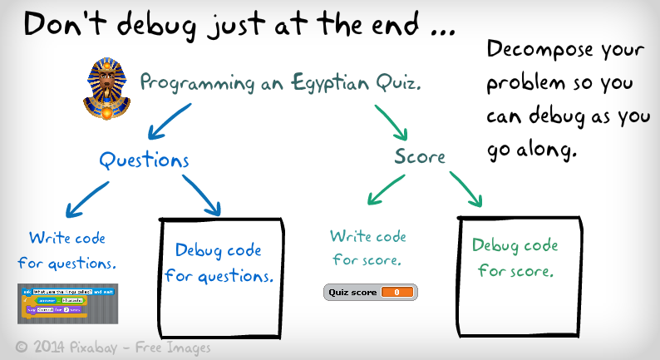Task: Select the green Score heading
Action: [x=420, y=156]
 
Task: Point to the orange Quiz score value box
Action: [x=396, y=292]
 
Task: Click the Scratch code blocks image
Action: [x=68, y=302]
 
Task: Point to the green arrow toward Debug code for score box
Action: [x=465, y=189]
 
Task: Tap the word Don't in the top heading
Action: [x=62, y=25]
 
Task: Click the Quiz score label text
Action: [x=351, y=292]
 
